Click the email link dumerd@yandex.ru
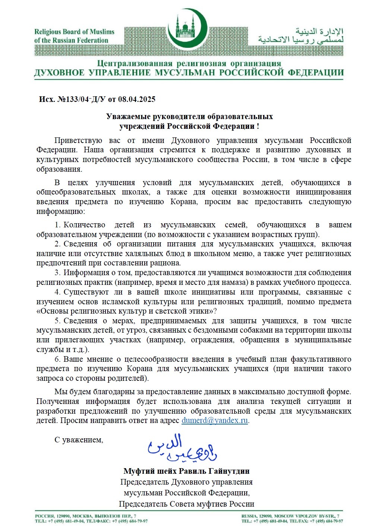click(x=215, y=420)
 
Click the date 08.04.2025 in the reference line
click(x=137, y=99)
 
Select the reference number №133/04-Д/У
click(x=82, y=99)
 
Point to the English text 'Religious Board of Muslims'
click(x=74, y=32)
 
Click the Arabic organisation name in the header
click(x=300, y=36)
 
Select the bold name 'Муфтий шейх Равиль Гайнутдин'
click(x=186, y=471)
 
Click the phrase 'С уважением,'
click(x=79, y=440)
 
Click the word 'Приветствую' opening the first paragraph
click(x=78, y=141)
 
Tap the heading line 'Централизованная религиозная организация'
click(x=189, y=63)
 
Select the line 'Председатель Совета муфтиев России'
click(x=186, y=504)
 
